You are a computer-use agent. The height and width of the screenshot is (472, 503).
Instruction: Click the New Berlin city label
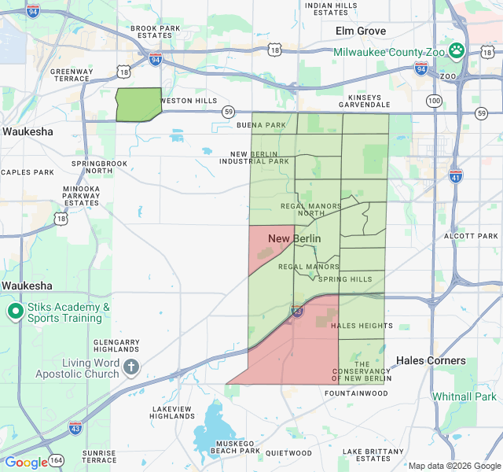point(294,238)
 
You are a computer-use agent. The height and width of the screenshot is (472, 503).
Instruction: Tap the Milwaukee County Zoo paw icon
point(457,50)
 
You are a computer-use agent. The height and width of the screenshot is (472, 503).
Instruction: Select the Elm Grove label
point(361,31)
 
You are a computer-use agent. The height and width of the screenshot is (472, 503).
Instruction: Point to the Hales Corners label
point(431,360)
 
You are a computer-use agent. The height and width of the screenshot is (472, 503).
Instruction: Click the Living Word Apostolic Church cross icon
point(130,367)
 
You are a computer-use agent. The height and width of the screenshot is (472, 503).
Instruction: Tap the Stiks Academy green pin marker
point(15,312)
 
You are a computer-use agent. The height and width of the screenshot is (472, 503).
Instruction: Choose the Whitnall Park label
point(464,397)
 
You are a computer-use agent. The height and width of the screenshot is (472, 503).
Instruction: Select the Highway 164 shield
point(57,459)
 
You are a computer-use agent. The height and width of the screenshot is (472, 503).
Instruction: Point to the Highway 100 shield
point(434,101)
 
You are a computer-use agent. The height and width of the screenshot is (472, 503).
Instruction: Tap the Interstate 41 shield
point(456,175)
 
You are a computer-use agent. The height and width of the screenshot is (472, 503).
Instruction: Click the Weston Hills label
point(189,101)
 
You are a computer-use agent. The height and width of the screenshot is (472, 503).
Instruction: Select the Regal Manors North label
point(303,209)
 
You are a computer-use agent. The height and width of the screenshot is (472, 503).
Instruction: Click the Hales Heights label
point(362,326)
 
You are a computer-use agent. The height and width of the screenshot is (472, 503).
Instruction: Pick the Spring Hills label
point(345,279)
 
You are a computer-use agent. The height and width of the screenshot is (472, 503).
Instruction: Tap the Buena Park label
point(262,125)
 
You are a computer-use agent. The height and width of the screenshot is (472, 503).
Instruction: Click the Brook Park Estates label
point(152,31)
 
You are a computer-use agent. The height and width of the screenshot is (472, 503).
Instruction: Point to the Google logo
point(26,463)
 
